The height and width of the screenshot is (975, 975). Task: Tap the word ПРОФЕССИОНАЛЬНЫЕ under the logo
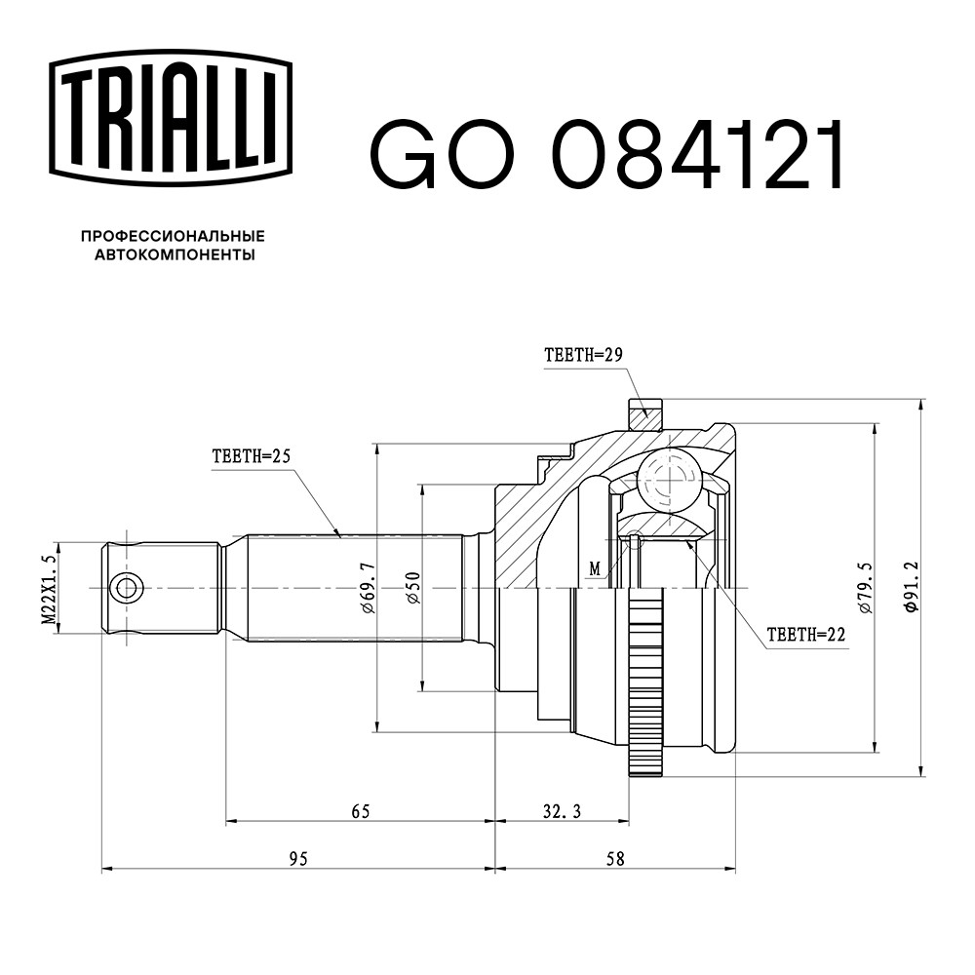[x=173, y=236]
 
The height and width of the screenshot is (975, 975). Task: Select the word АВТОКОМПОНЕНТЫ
[x=175, y=254]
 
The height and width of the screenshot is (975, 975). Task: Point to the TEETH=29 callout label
[x=583, y=355]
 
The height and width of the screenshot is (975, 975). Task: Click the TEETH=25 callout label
[x=252, y=457]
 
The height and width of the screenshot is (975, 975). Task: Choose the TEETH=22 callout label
[x=806, y=635]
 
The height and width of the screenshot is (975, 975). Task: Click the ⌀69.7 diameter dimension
[x=369, y=588]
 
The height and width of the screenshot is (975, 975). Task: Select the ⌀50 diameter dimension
[x=412, y=588]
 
